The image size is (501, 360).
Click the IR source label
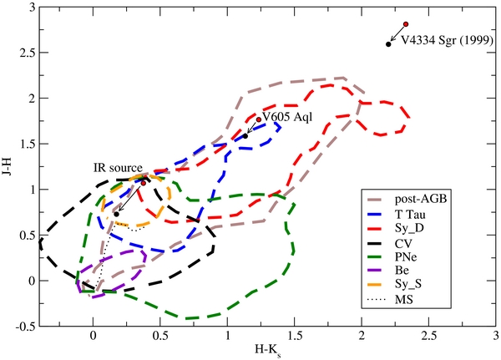coord(118,167)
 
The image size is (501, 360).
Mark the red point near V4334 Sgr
coord(406,24)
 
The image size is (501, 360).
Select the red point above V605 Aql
coord(259,119)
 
